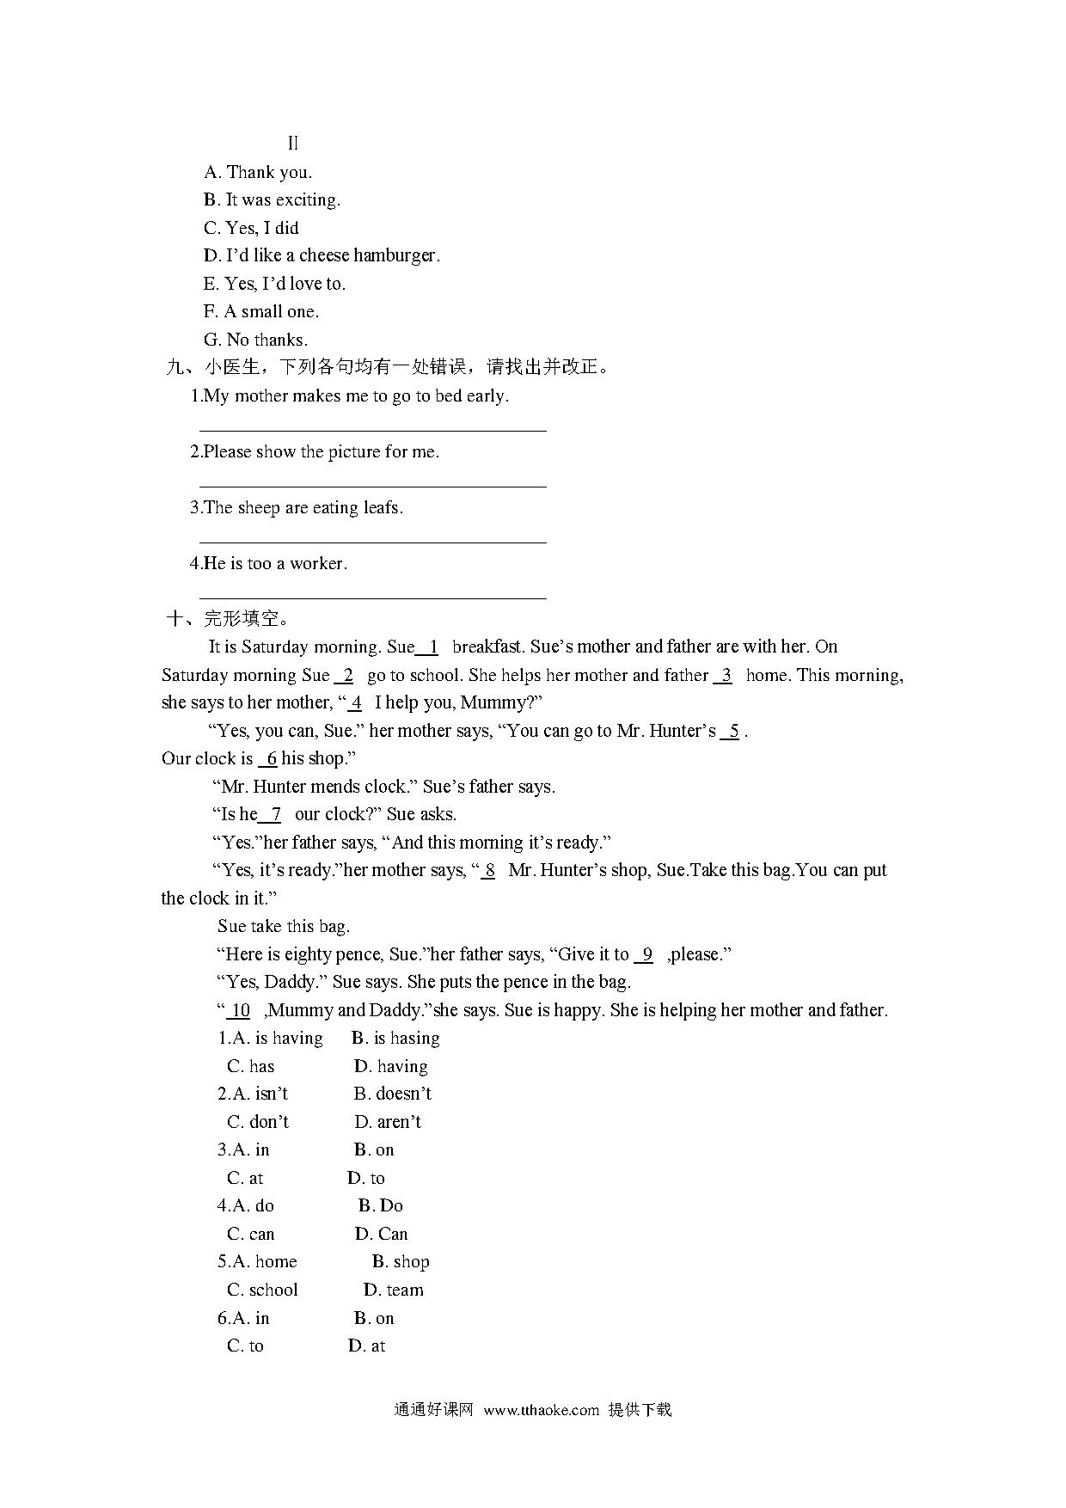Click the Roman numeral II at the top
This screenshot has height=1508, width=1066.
point(293,144)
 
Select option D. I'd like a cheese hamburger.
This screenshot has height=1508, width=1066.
point(322,255)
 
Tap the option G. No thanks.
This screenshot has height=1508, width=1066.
point(255,340)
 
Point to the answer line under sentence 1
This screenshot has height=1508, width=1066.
point(372,430)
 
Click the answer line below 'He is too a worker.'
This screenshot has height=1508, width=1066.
point(372,597)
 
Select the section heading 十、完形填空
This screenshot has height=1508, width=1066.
point(229,618)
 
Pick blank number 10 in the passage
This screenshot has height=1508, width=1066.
point(240,1010)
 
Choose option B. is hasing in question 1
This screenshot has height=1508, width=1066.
point(395,1039)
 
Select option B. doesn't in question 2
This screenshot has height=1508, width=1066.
point(392,1094)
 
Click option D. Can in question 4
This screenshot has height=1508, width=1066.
point(381,1235)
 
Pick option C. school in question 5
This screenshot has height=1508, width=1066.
point(262,1290)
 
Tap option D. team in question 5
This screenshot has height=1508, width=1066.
point(393,1290)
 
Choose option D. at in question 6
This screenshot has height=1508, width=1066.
point(366,1346)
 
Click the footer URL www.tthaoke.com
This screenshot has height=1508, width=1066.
point(541,1410)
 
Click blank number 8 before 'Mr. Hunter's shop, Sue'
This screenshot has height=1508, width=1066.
point(488,870)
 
